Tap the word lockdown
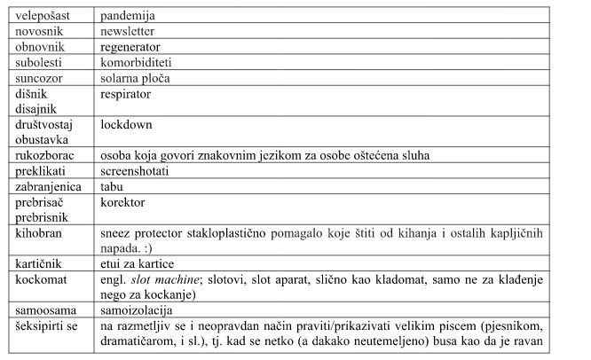coord(128,125)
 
